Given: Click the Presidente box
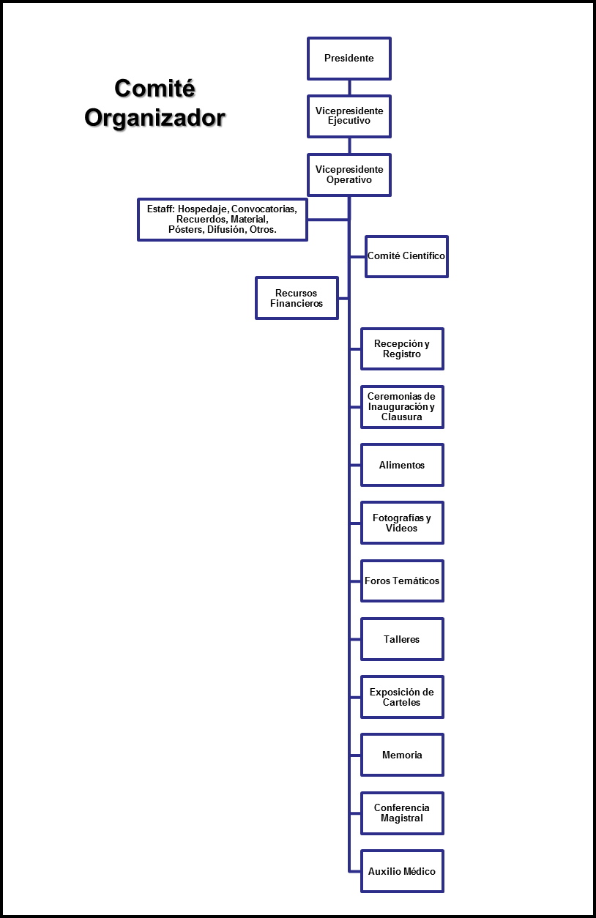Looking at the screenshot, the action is click(349, 59).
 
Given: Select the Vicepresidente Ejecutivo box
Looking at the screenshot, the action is click(349, 116).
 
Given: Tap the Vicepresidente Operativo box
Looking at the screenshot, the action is click(349, 175).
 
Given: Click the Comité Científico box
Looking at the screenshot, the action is click(406, 256).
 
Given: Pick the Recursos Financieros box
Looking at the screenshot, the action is click(297, 298).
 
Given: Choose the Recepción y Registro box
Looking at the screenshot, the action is click(402, 348).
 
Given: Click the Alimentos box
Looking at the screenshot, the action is click(402, 465).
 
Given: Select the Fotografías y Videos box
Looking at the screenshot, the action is click(402, 523).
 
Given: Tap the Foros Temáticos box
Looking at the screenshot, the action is click(402, 581).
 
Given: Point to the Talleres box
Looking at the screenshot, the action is click(402, 639).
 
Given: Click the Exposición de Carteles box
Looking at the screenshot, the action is click(402, 697).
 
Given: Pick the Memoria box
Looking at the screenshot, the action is click(402, 755).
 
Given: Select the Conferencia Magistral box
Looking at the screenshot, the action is click(402, 813).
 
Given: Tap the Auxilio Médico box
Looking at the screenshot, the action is click(402, 871).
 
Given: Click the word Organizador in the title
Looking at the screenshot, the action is click(155, 119).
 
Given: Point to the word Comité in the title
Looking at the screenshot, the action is click(155, 88).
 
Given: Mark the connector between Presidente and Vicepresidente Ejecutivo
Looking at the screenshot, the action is click(349, 88).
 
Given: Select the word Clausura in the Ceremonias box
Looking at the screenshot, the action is click(402, 417).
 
